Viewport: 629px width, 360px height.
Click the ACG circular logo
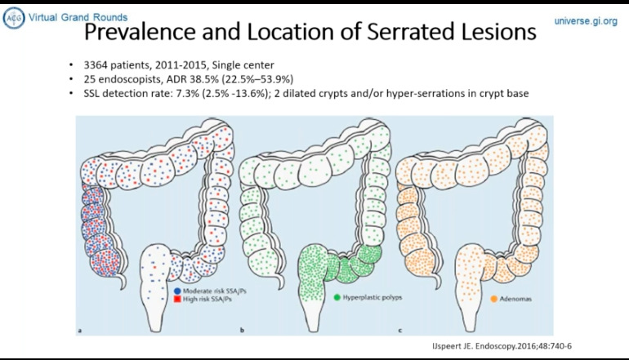pos(13,19)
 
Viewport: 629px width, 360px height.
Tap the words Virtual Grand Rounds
pos(78,16)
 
